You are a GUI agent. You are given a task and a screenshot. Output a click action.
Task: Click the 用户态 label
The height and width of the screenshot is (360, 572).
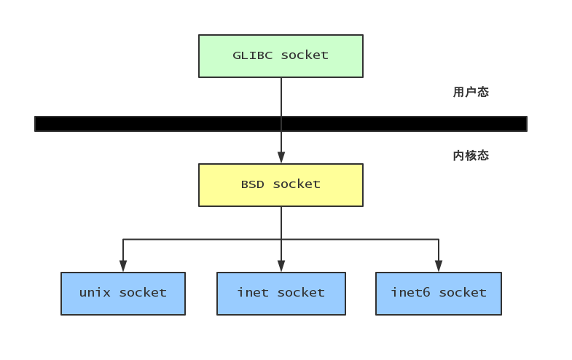coord(471,93)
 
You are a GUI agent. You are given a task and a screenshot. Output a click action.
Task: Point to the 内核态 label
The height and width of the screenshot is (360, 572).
coord(471,155)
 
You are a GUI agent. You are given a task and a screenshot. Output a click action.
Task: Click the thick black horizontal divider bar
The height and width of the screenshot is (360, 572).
coord(146,124)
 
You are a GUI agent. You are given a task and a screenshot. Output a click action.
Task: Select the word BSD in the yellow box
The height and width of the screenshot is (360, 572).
coord(253,184)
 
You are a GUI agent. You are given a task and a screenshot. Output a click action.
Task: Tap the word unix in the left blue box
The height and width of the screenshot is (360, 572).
coord(95,293)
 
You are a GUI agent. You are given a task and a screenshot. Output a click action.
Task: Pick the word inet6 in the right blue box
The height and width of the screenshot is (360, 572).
coord(410,293)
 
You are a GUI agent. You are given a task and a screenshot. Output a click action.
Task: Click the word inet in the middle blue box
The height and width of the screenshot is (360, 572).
coord(253,293)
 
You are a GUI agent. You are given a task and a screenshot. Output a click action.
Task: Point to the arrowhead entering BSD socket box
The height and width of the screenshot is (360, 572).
coord(281,157)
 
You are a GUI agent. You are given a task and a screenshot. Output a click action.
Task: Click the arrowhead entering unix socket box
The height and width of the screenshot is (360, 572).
coord(123,266)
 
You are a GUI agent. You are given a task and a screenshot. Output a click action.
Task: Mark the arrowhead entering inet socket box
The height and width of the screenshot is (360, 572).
coord(281,266)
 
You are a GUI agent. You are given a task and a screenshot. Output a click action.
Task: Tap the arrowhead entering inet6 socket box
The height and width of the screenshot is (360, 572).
coord(438,266)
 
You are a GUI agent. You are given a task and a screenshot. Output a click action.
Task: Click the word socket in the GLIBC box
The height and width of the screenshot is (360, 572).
coord(305,55)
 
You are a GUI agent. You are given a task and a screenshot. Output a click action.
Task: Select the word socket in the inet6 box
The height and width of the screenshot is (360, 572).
coord(462,293)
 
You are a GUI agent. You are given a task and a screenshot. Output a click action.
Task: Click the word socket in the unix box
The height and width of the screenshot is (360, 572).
coord(143,293)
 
